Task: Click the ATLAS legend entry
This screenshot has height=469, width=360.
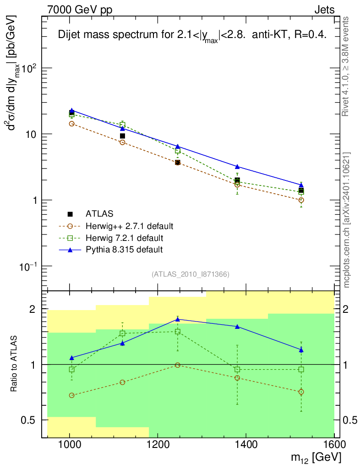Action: point(98,213)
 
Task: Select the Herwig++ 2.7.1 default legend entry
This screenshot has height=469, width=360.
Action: point(129,226)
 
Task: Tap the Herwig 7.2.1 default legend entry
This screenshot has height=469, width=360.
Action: point(125,238)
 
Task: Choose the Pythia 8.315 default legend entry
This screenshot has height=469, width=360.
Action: point(124,250)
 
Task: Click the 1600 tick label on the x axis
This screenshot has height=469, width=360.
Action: point(334,444)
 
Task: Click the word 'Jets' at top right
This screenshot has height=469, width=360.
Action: point(324,10)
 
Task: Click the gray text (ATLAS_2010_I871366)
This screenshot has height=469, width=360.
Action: point(190,274)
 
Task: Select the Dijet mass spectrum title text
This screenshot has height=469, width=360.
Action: point(192,36)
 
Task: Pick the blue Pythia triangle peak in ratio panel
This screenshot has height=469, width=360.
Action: point(178,319)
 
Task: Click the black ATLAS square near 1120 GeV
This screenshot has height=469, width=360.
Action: point(122,136)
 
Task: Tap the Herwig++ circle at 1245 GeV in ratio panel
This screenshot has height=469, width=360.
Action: point(178,365)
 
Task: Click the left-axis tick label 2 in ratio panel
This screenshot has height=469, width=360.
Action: point(33,309)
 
